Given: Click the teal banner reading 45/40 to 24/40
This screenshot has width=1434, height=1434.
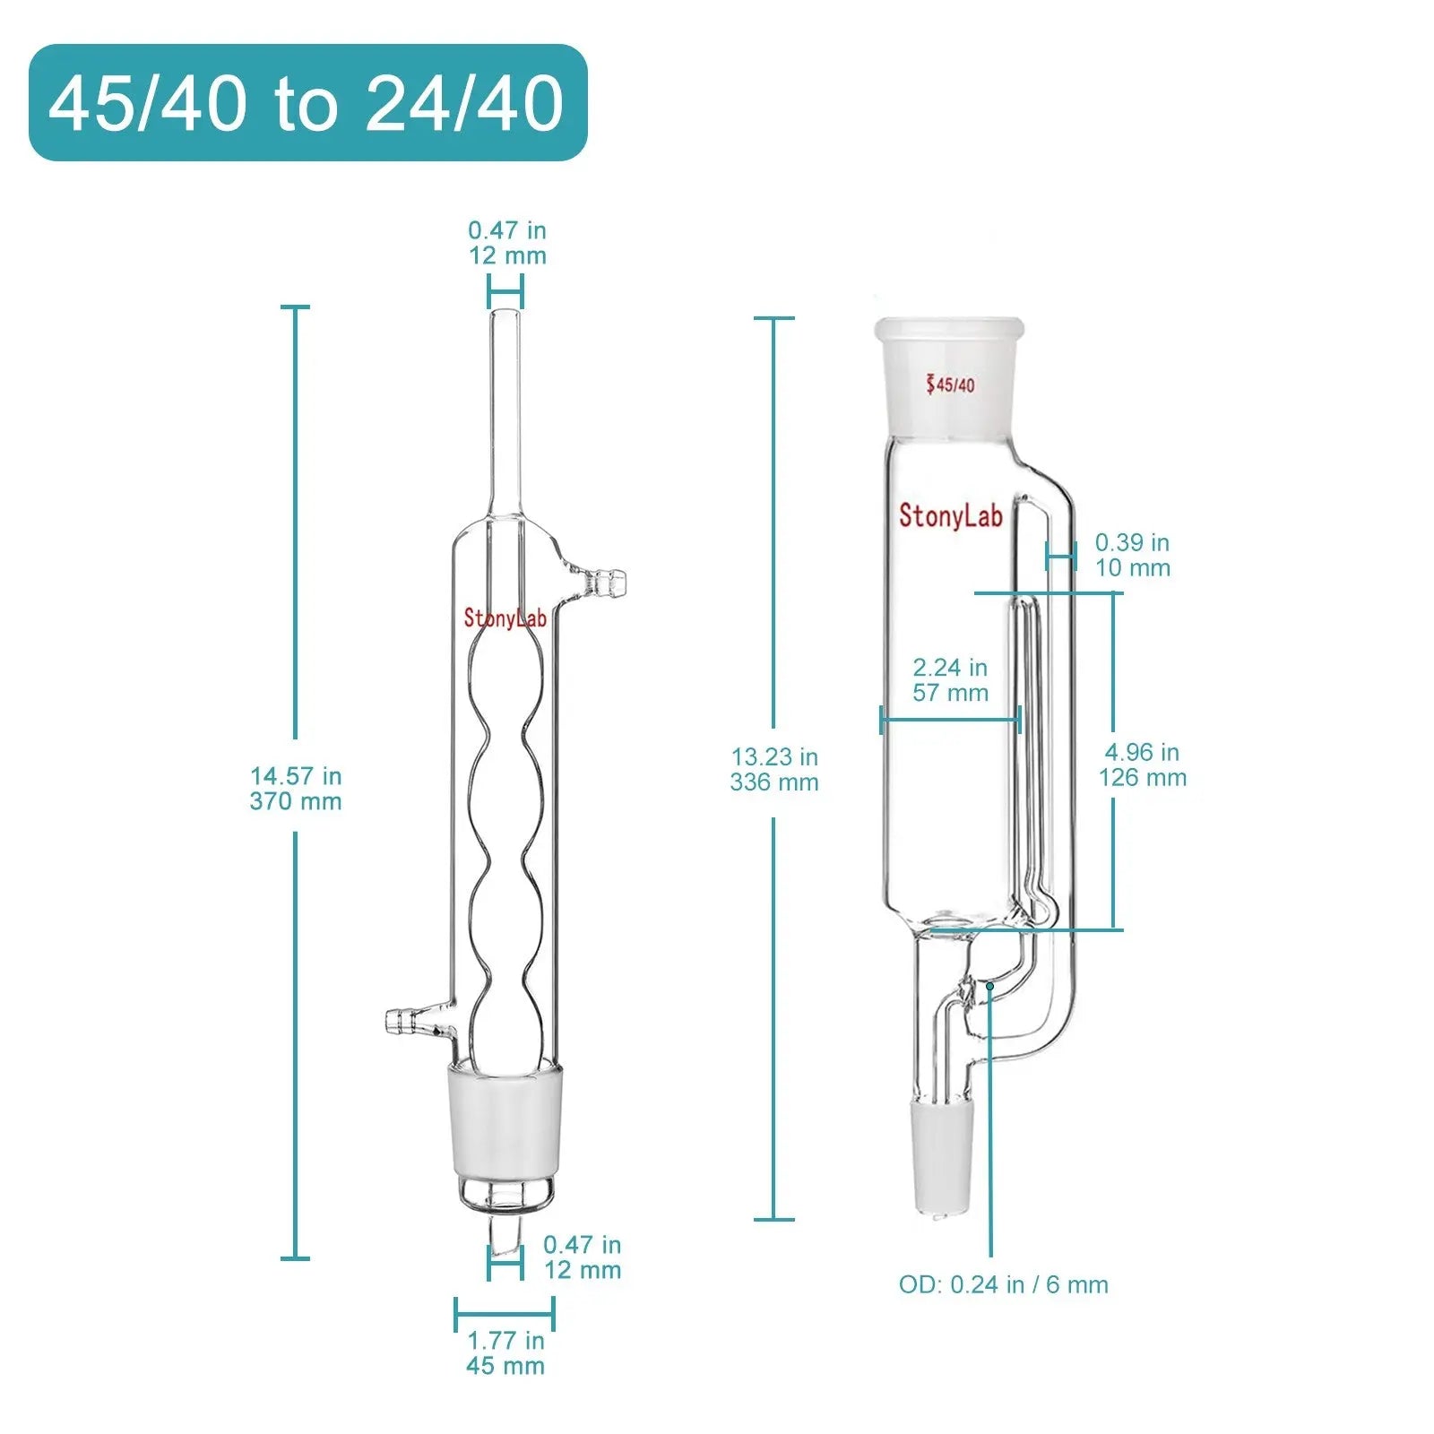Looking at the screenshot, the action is tap(308, 103).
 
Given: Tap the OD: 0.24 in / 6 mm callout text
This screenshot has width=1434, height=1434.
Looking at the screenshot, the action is tap(1004, 1284).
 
